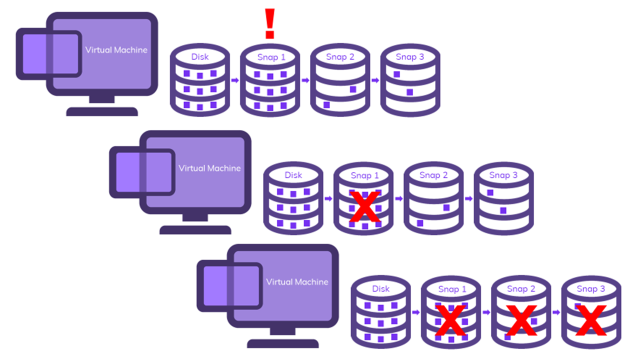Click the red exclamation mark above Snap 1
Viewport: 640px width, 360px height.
click(x=269, y=23)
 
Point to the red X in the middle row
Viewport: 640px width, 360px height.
click(x=365, y=207)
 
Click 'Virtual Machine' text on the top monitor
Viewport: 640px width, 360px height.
click(x=116, y=49)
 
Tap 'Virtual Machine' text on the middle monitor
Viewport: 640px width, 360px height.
click(x=209, y=168)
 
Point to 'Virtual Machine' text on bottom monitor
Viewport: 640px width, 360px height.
click(x=297, y=282)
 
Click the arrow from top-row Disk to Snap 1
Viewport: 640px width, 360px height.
click(x=235, y=80)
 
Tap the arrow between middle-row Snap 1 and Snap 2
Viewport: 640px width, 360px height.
click(x=398, y=199)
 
